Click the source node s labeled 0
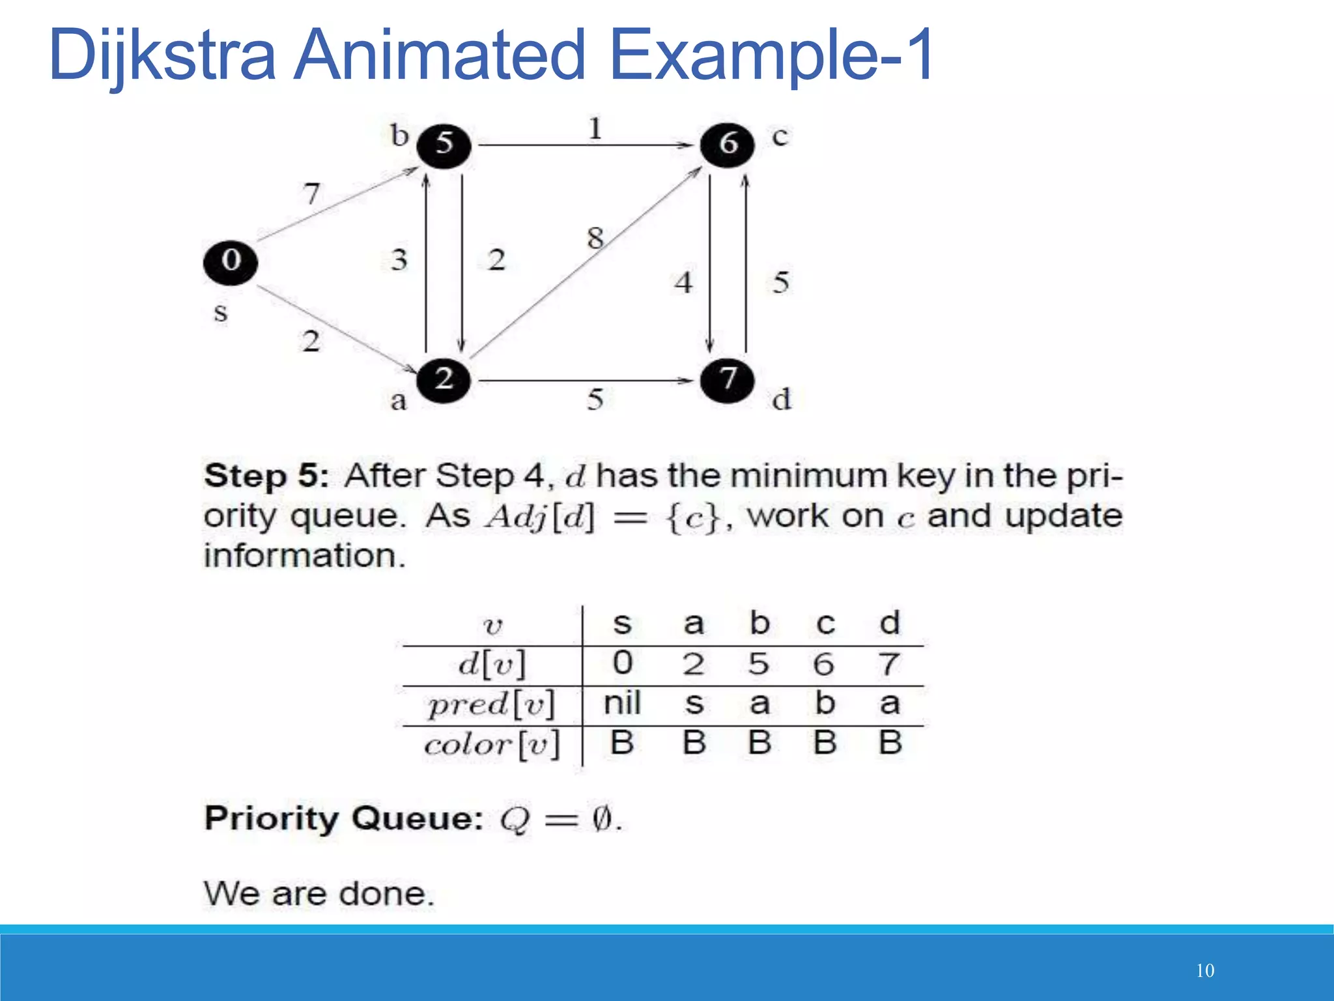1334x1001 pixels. click(x=230, y=262)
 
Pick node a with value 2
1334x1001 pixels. click(x=444, y=379)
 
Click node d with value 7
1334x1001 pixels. click(x=727, y=379)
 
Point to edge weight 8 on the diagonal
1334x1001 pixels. click(x=595, y=238)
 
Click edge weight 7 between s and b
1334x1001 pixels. click(x=312, y=194)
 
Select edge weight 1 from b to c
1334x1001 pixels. click(x=595, y=128)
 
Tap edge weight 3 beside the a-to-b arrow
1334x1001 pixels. click(x=399, y=260)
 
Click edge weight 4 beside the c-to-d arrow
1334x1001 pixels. click(x=683, y=283)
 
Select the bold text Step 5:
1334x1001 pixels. click(x=266, y=476)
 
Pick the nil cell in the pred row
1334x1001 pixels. click(x=622, y=703)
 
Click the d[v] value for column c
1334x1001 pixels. click(x=823, y=664)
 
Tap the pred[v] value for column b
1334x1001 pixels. click(x=759, y=703)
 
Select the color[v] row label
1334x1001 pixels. click(x=492, y=744)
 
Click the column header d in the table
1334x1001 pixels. click(x=890, y=623)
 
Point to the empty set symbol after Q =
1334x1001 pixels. click(x=602, y=819)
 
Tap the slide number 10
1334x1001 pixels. click(x=1205, y=970)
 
